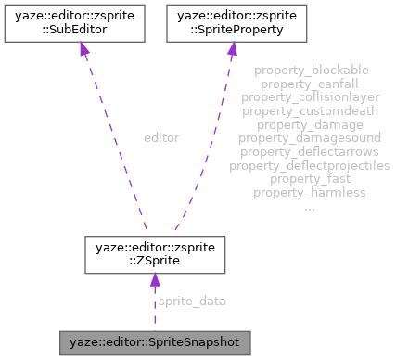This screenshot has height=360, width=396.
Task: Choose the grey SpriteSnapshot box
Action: [x=155, y=342]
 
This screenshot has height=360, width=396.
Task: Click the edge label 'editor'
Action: [x=160, y=137]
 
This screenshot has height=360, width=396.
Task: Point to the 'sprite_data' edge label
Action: [x=192, y=302]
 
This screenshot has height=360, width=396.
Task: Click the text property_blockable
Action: [x=311, y=70]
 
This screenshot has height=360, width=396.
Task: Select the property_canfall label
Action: [x=311, y=84]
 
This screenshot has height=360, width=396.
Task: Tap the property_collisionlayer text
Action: [x=311, y=96]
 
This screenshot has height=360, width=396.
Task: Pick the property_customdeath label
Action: [x=311, y=110]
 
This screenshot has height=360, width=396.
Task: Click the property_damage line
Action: [x=311, y=124]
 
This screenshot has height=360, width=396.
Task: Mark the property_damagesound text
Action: [x=311, y=138]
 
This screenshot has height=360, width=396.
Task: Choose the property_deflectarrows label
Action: [x=311, y=151]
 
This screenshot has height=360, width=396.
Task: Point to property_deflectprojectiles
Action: [x=311, y=165]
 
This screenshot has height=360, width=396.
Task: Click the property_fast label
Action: [x=311, y=179]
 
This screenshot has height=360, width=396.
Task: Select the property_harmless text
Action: [x=311, y=192]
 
